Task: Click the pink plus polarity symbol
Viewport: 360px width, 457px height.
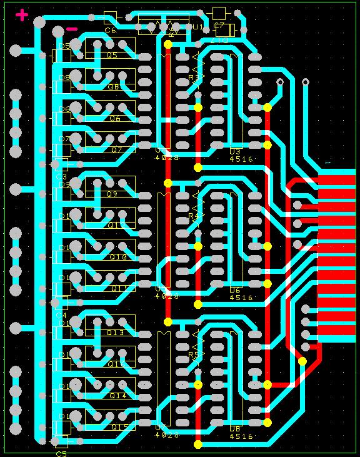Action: [22, 16]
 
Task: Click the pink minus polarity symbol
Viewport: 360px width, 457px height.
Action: [72, 29]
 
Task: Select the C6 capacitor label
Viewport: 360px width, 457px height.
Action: [111, 29]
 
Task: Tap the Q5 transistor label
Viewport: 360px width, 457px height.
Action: [112, 55]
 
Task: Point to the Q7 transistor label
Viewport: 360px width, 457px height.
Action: [117, 150]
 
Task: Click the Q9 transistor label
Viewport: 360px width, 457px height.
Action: [112, 194]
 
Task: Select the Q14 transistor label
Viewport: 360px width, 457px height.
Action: [118, 396]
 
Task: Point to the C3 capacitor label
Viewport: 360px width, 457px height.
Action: [61, 177]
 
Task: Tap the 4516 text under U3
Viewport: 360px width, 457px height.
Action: [241, 159]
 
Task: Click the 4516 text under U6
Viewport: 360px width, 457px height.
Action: [241, 298]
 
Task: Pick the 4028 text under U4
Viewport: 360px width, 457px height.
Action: [167, 158]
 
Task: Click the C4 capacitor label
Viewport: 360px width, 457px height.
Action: [61, 315]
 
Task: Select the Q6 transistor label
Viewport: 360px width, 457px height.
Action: [115, 119]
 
